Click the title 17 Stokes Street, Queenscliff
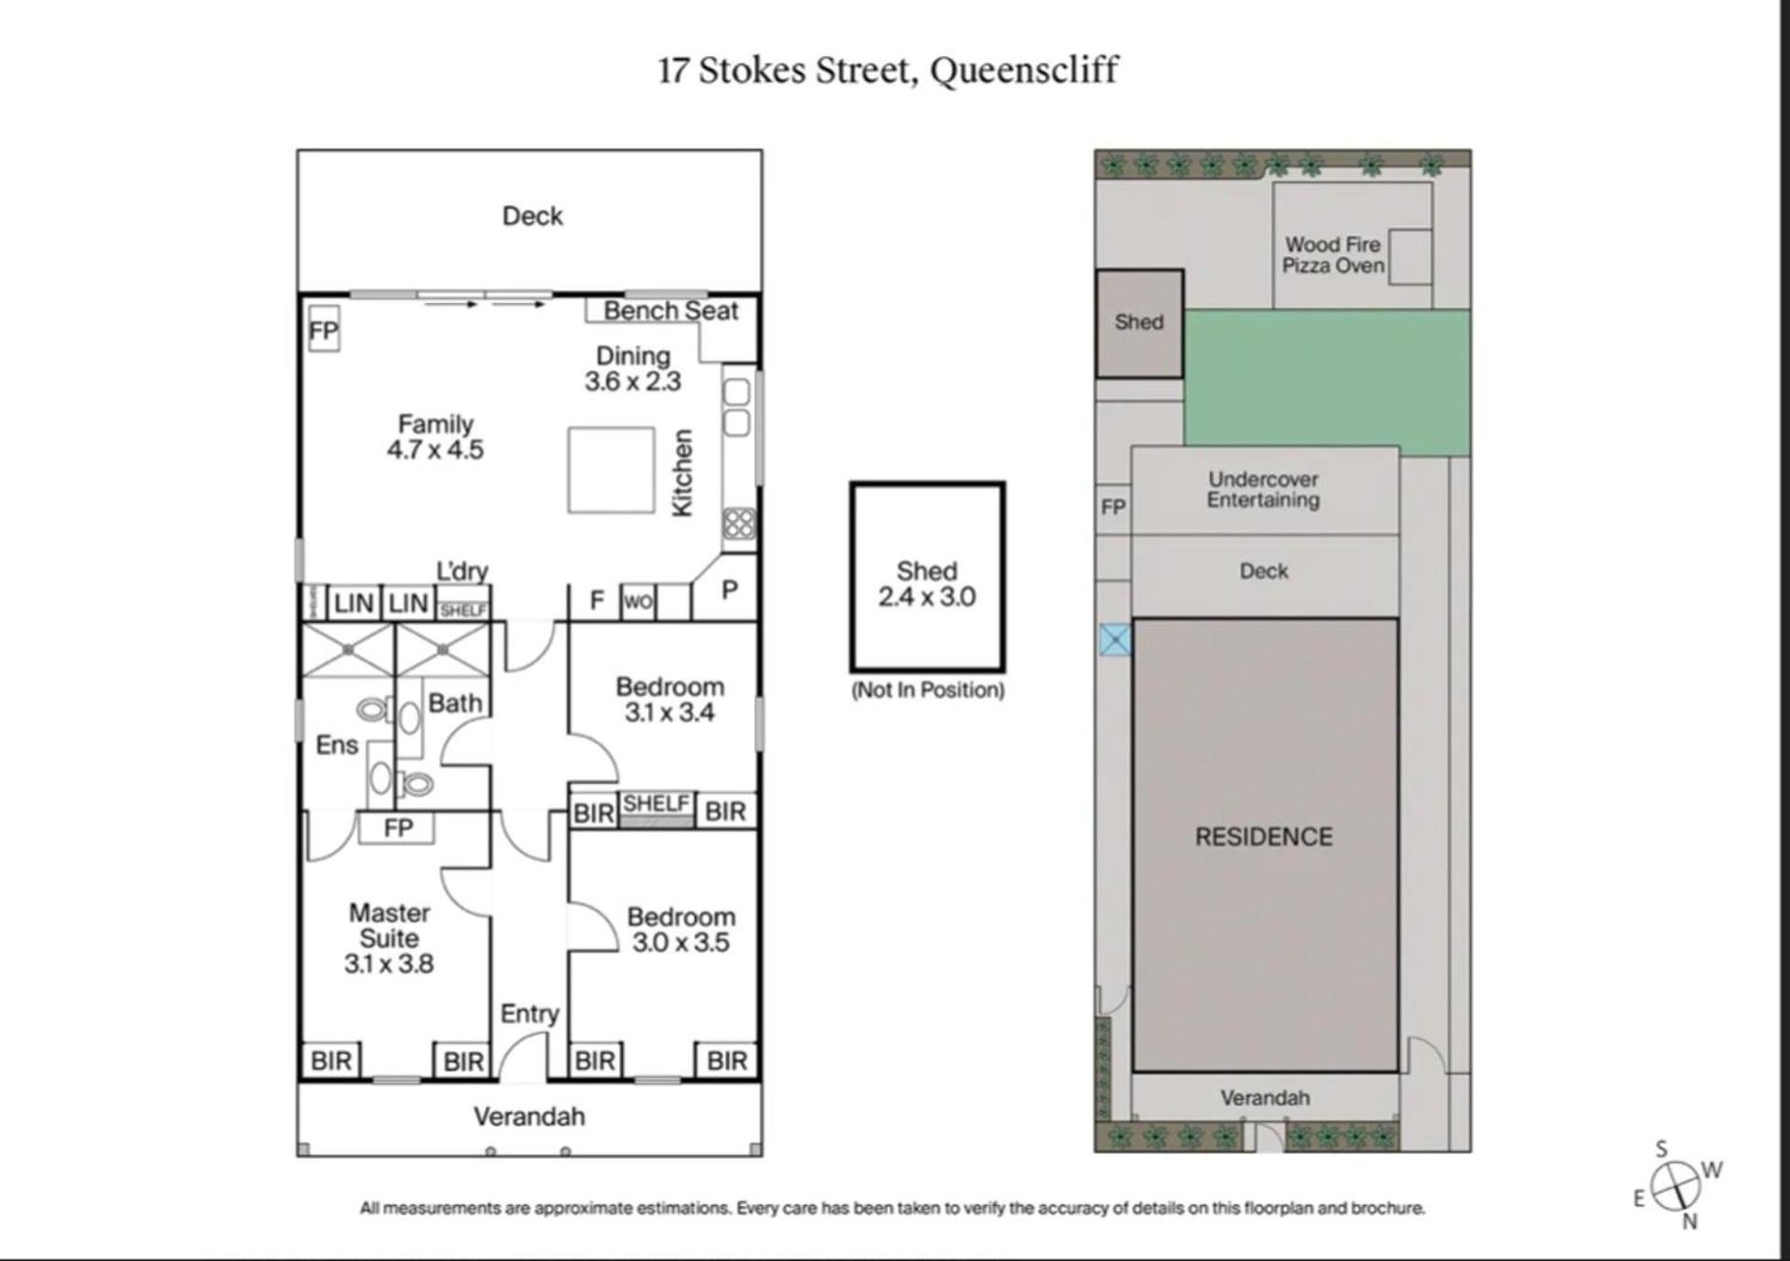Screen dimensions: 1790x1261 (x=888, y=71)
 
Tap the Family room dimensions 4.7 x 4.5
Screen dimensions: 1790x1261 (x=435, y=450)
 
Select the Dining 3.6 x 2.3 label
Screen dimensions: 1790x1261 (x=633, y=369)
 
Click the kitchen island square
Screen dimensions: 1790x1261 (x=612, y=470)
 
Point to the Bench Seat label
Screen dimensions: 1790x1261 (x=670, y=311)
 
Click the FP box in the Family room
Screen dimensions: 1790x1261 (x=324, y=330)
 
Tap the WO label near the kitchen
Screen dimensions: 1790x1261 (x=639, y=602)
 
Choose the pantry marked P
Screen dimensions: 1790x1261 (x=730, y=589)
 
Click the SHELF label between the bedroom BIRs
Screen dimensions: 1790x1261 (x=656, y=803)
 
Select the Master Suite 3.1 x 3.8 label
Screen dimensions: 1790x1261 (x=389, y=939)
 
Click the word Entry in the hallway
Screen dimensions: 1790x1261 (x=530, y=1014)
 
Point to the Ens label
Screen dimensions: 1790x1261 (x=337, y=746)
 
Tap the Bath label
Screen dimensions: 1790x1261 (x=455, y=703)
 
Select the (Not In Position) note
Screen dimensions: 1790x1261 (x=928, y=691)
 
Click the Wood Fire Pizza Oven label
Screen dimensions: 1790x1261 (x=1333, y=255)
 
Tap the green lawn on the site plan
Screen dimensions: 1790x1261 (x=1327, y=382)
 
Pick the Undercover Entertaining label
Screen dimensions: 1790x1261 (x=1263, y=490)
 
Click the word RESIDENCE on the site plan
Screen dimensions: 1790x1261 (x=1264, y=837)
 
